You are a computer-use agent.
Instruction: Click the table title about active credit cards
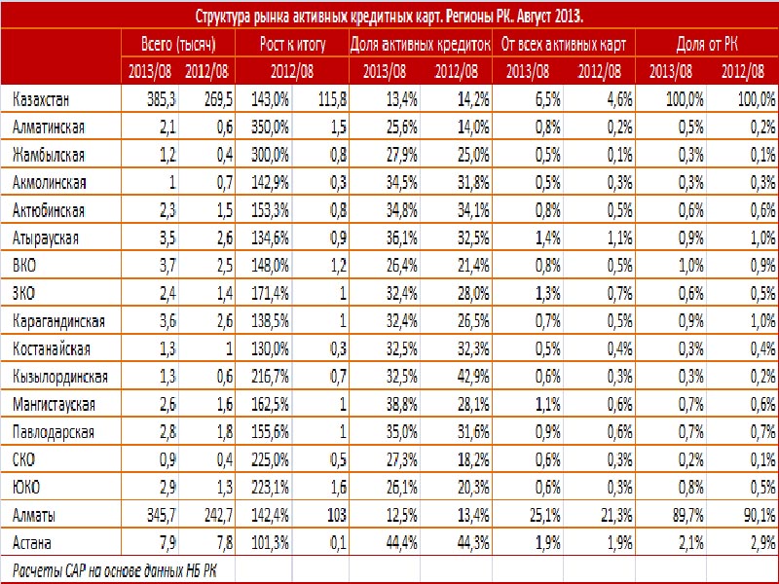[x=389, y=17]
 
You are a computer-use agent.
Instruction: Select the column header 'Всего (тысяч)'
[x=178, y=45]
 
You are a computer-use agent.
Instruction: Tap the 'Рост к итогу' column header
[x=292, y=45]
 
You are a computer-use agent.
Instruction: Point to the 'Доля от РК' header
[x=707, y=45]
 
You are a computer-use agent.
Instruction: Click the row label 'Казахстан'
[x=41, y=100]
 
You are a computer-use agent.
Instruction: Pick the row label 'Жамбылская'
[x=49, y=156]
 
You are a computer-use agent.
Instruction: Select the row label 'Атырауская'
[x=46, y=238]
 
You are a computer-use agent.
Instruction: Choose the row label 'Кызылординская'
[x=60, y=377]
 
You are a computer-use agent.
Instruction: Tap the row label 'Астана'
[x=32, y=543]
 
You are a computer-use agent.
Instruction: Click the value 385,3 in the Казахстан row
[x=162, y=100]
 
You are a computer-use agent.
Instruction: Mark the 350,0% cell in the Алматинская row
[x=270, y=128]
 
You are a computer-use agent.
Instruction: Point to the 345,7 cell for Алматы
[x=162, y=515]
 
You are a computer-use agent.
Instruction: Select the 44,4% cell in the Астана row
[x=401, y=543]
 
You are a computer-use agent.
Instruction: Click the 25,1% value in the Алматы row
[x=545, y=515]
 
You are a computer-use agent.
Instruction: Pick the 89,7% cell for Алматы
[x=688, y=515]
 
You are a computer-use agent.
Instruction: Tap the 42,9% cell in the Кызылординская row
[x=473, y=377]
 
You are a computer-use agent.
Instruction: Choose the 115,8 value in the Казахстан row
[x=332, y=100]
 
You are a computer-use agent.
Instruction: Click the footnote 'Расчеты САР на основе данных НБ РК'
[x=115, y=570]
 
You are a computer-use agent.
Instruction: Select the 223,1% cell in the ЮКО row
[x=270, y=488]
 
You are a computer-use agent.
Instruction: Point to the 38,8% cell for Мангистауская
[x=401, y=405]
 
